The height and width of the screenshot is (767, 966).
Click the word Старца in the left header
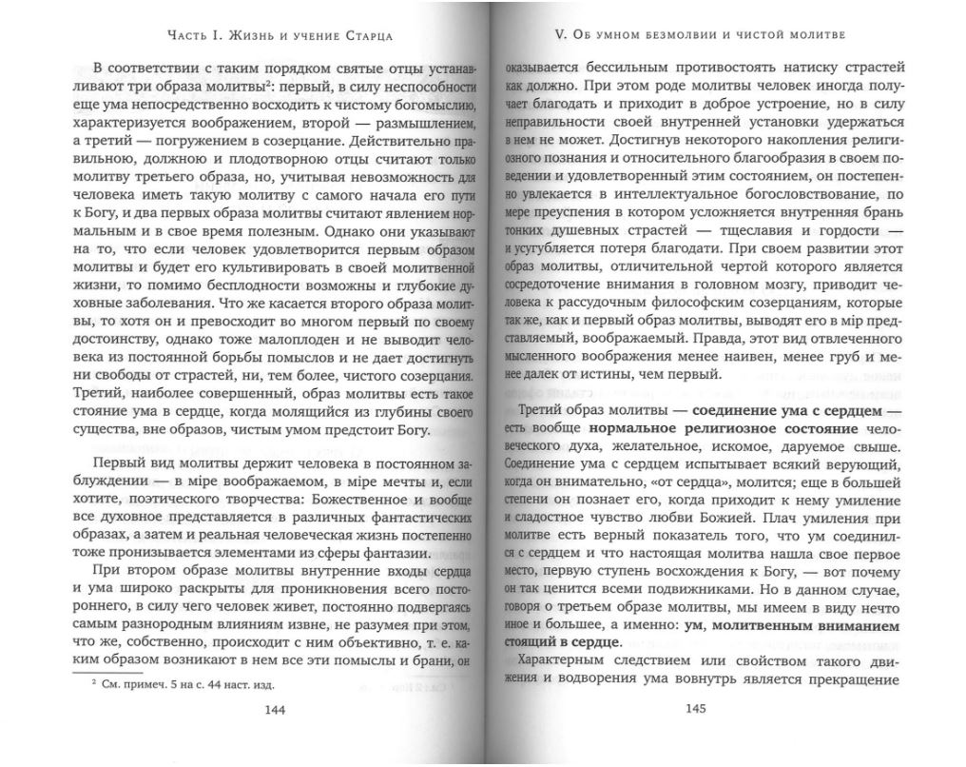(366, 37)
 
